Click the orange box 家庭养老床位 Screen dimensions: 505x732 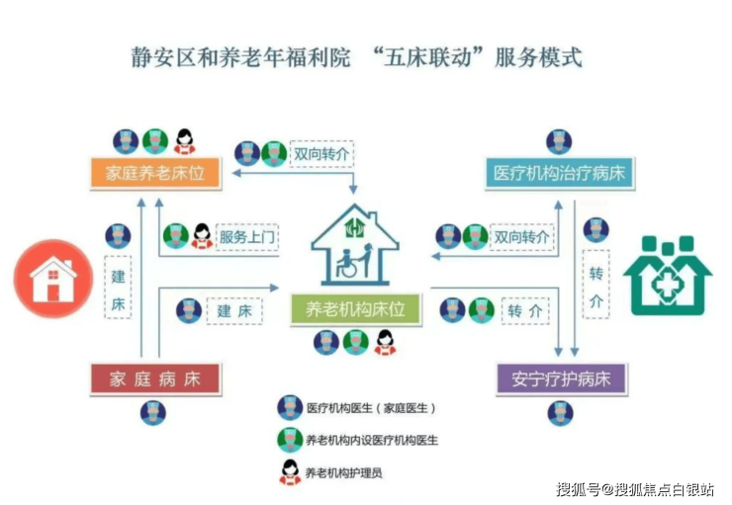pyautogui.click(x=156, y=174)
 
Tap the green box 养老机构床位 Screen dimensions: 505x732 pyautogui.click(x=355, y=310)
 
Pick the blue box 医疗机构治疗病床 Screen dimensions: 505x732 pyautogui.click(x=560, y=175)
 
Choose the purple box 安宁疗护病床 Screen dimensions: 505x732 pyautogui.click(x=561, y=379)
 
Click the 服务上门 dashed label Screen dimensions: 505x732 pyautogui.click(x=247, y=236)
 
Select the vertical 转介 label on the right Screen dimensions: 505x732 pyautogui.click(x=595, y=287)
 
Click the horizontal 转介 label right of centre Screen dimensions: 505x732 pyautogui.click(x=525, y=310)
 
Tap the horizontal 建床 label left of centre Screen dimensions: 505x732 pyautogui.click(x=234, y=310)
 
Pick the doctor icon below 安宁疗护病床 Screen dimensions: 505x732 pyautogui.click(x=561, y=413)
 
